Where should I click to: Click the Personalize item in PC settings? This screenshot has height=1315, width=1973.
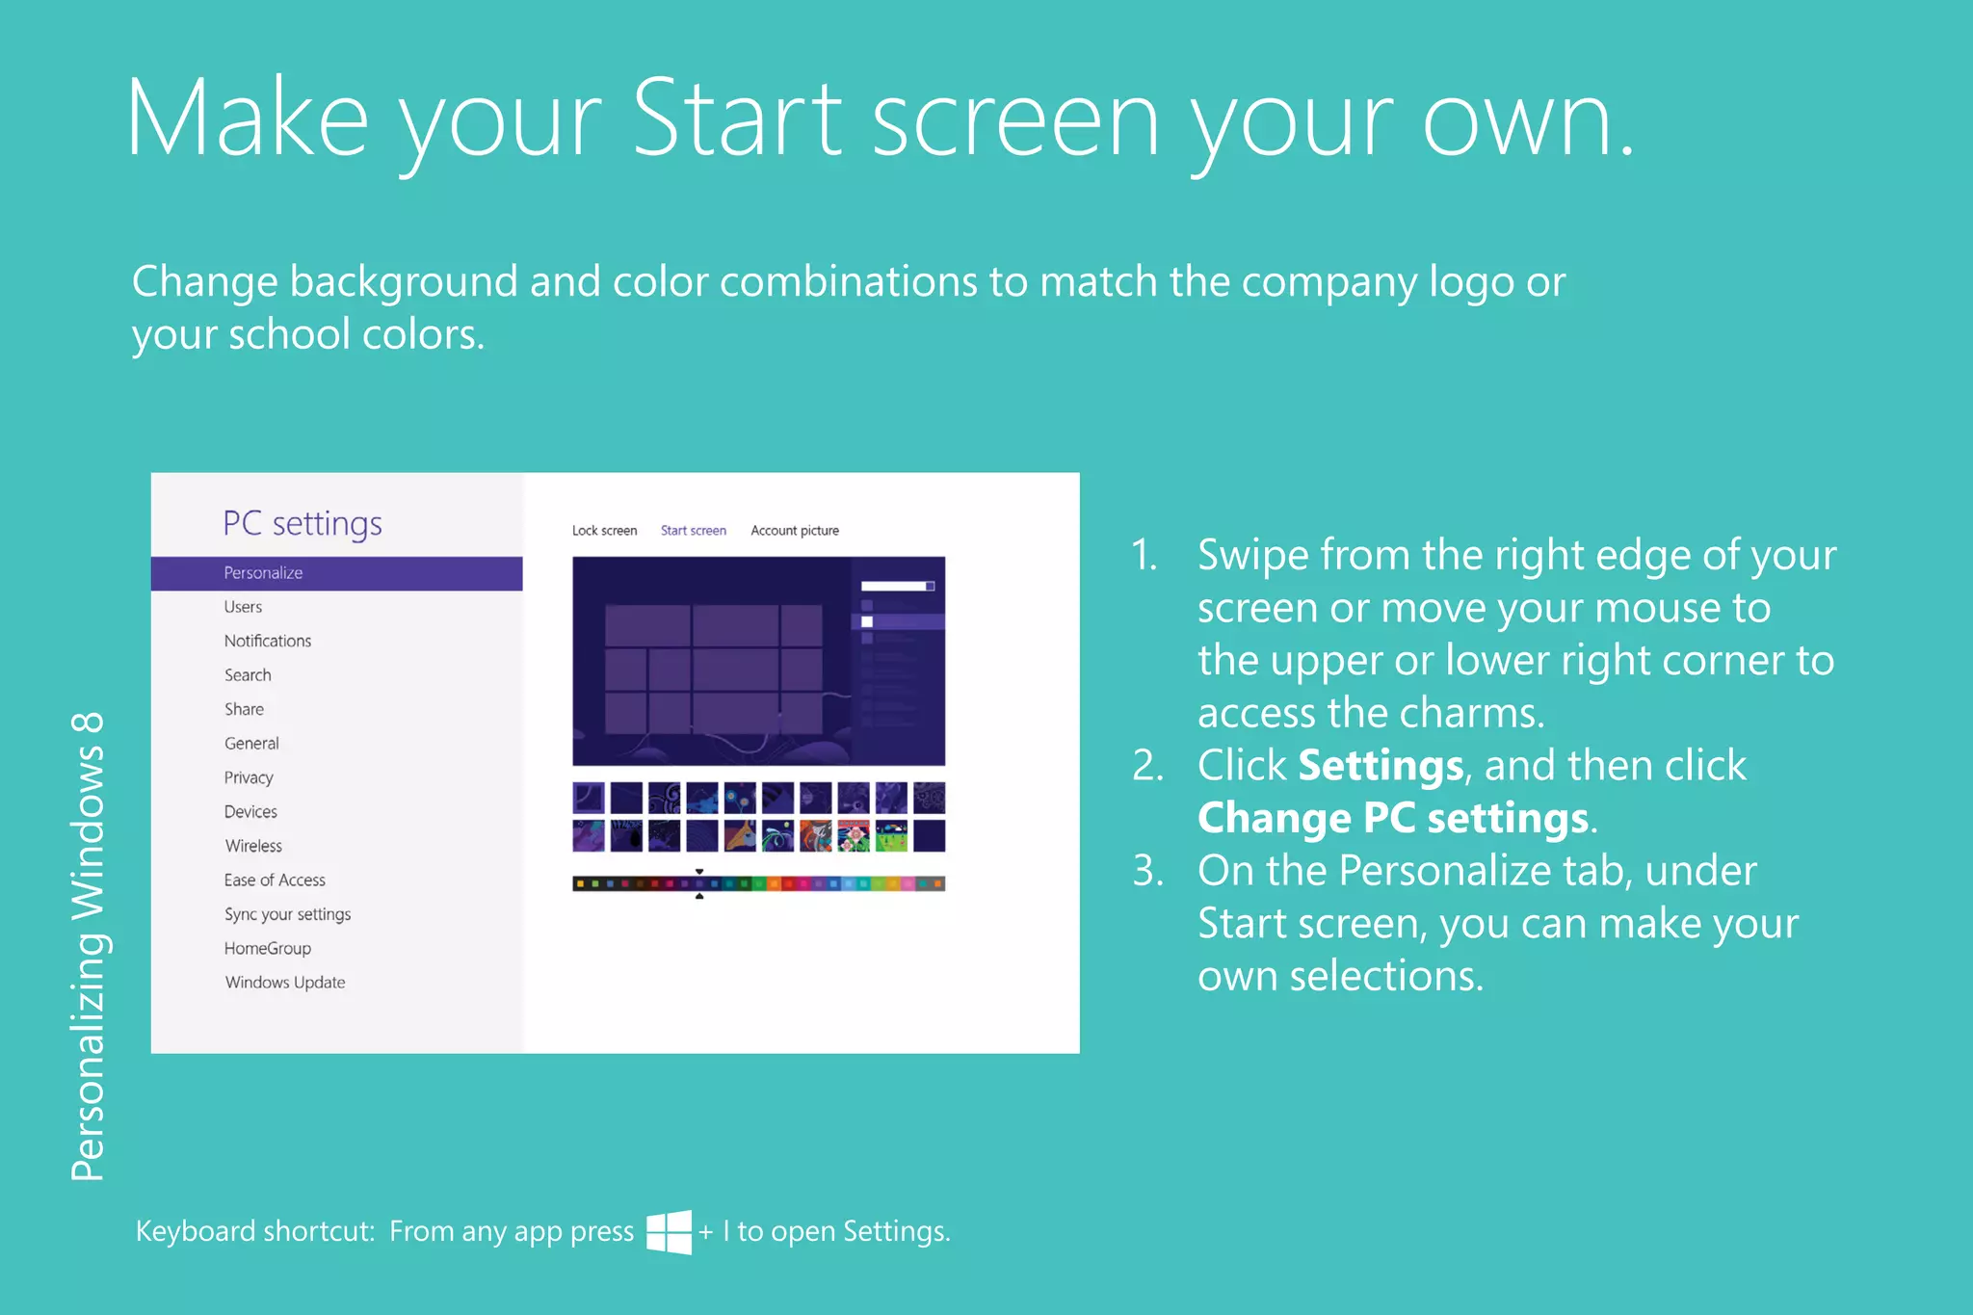(x=263, y=573)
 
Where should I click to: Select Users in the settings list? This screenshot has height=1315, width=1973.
(x=243, y=607)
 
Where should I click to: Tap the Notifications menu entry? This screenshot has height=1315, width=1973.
(x=268, y=642)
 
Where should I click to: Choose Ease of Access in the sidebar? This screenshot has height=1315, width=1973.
(x=275, y=881)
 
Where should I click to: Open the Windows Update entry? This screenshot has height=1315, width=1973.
(x=285, y=983)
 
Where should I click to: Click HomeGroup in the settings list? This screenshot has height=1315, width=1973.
(x=268, y=949)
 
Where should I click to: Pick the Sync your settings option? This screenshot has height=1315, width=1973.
(x=287, y=914)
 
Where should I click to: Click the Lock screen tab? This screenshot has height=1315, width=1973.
(x=604, y=531)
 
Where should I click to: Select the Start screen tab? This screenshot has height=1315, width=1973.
(x=694, y=531)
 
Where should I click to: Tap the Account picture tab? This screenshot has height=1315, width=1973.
(x=795, y=531)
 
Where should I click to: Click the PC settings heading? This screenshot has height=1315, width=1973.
(x=303, y=524)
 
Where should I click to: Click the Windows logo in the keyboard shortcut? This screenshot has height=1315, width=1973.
(x=669, y=1232)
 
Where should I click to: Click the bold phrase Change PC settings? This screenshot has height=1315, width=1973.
(x=1393, y=819)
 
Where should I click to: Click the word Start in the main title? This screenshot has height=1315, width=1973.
(x=738, y=119)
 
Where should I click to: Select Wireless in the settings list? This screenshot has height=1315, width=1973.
(x=253, y=846)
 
